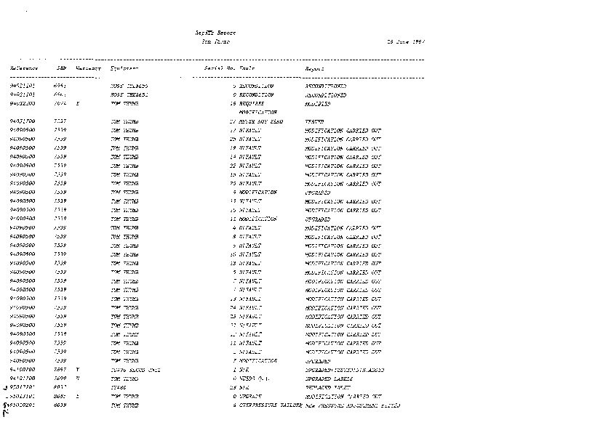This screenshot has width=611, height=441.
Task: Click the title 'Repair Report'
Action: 216,33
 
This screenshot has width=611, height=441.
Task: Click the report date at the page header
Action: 405,42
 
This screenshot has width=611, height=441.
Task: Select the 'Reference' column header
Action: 24,68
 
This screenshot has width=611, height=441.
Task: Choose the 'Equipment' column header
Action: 125,68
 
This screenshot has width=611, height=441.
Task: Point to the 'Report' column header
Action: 314,68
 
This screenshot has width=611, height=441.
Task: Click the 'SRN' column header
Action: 61,68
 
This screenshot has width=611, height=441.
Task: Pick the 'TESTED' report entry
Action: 315,121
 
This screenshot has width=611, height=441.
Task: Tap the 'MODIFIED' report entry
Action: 317,104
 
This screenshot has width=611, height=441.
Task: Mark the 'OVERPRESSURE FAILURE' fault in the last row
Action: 271,405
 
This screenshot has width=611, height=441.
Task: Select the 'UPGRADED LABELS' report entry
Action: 330,379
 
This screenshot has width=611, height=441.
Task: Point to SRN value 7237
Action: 60,121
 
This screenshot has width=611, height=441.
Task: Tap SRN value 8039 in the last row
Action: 60,405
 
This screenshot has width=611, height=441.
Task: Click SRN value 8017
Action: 60,387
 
